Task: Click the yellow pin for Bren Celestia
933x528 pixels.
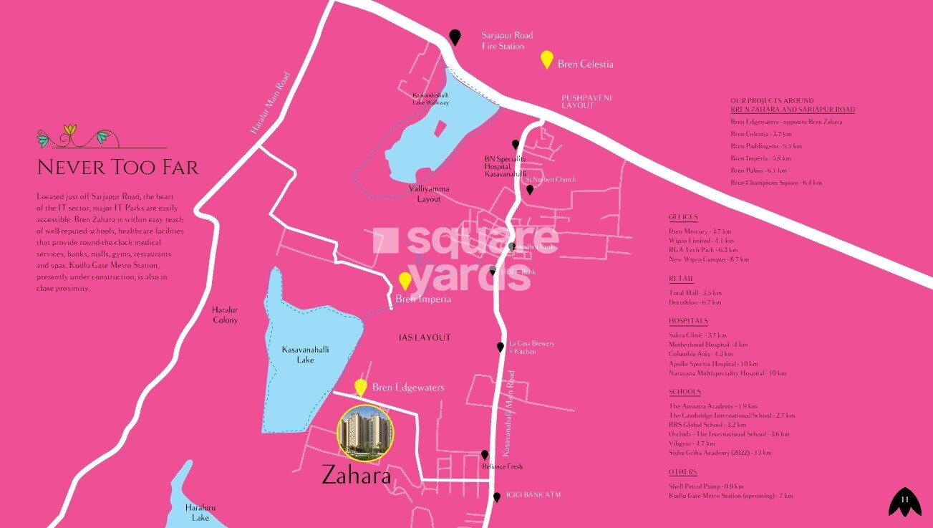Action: [547, 59]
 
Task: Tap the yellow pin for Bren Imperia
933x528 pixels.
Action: [405, 281]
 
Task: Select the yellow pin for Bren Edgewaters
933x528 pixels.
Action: [361, 387]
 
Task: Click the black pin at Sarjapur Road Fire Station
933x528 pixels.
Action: [455, 37]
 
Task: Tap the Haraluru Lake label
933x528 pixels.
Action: [200, 512]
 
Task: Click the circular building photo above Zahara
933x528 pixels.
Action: [364, 432]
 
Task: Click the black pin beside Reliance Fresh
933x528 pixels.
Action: [485, 455]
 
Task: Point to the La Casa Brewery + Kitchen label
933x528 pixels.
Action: [531, 347]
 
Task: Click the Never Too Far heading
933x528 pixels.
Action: [117, 168]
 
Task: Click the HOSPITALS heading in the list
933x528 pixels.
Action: [688, 321]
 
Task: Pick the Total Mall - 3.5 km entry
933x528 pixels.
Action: [695, 293]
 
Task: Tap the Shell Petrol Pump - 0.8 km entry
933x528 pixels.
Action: [705, 486]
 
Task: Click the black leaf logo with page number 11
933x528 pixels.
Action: [904, 501]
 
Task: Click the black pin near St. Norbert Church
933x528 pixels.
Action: [530, 190]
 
